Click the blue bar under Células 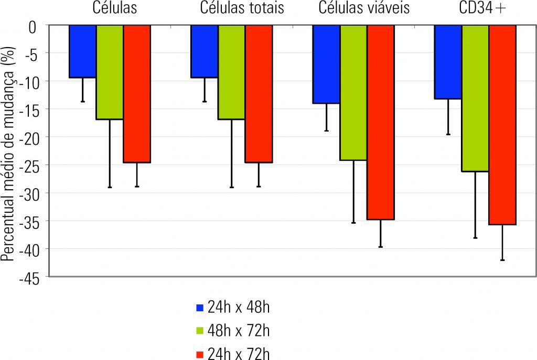tap(82, 51)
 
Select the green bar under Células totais tap(231, 72)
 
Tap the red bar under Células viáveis tap(381, 122)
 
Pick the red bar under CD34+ tap(502, 125)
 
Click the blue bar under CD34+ tap(448, 62)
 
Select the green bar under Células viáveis tap(353, 92)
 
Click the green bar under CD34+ tap(475, 98)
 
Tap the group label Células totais tap(242, 8)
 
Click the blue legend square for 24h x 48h tap(199, 308)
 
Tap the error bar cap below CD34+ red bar tap(502, 260)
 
